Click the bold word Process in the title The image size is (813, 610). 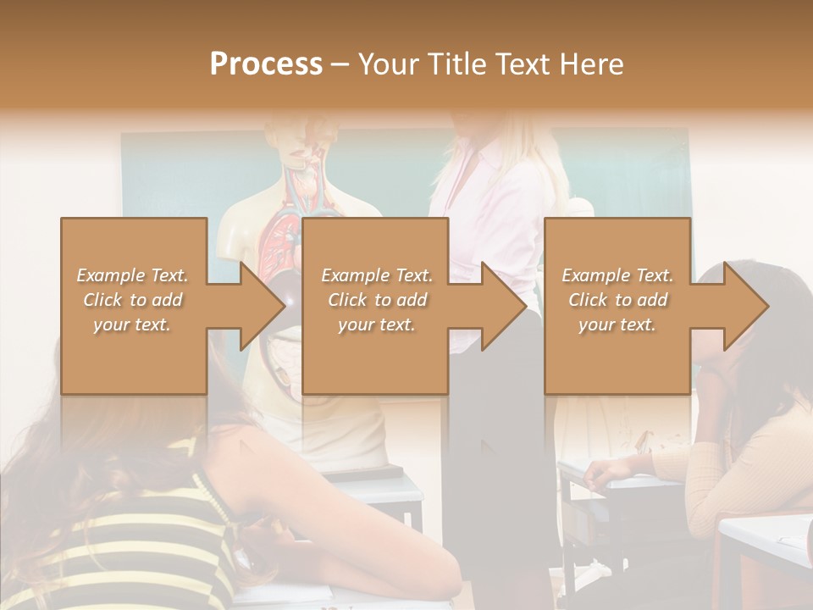tap(266, 64)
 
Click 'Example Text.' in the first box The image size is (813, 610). tap(133, 275)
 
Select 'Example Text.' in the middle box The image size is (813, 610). tap(377, 275)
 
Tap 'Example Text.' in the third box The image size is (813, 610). tap(617, 275)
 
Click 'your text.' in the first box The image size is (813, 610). tap(133, 324)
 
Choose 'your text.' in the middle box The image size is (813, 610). tap(377, 324)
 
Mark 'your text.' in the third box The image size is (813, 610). tap(617, 324)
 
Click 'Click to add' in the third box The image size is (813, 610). tap(617, 300)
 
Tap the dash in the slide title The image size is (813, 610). tap(340, 64)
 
